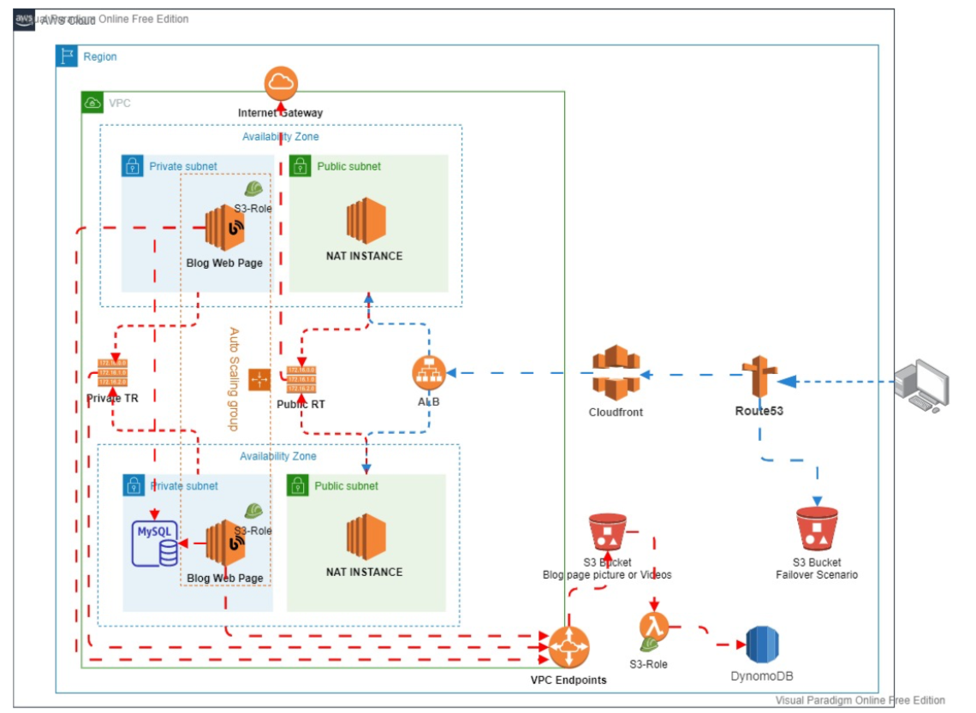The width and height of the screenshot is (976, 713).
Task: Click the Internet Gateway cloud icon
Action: click(280, 83)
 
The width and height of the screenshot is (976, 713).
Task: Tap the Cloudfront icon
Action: click(616, 373)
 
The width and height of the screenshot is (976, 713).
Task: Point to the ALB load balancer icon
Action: click(429, 373)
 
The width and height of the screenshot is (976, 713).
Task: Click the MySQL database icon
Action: click(155, 542)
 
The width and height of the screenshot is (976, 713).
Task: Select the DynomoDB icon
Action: click(761, 645)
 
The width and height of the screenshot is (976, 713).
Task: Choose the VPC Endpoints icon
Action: click(568, 647)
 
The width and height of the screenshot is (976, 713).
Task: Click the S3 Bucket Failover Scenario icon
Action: click(816, 528)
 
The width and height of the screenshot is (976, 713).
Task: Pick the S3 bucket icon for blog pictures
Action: click(607, 532)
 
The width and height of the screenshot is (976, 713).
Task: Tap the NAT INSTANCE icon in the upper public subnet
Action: click(366, 221)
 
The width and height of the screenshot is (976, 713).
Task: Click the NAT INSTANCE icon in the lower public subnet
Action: click(366, 537)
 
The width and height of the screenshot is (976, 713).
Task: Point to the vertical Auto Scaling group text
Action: click(234, 377)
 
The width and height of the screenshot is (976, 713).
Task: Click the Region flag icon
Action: click(67, 56)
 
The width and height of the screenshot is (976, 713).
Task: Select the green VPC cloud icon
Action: click(92, 103)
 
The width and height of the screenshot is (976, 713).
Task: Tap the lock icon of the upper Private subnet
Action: click(132, 166)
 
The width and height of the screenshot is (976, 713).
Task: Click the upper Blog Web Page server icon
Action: click(225, 228)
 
